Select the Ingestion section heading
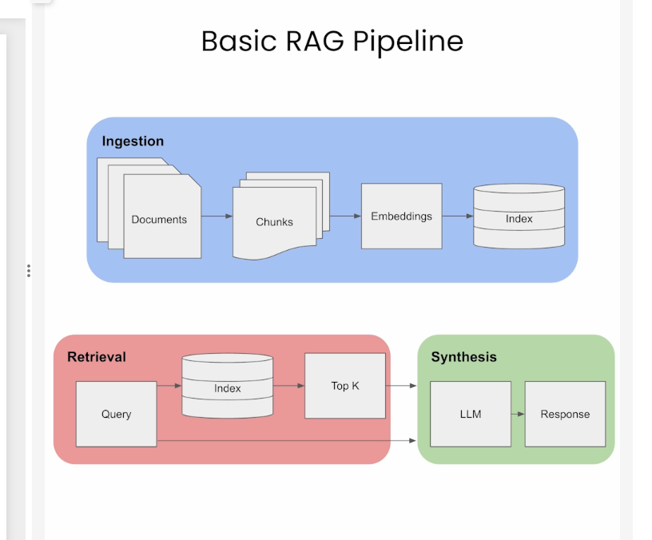(133, 141)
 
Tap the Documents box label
(159, 220)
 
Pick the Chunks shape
(274, 222)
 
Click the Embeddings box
(401, 216)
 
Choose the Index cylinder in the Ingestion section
(519, 218)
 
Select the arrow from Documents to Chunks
(217, 216)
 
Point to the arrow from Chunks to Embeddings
(345, 216)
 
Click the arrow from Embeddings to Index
(457, 216)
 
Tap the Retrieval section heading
(97, 357)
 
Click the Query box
(116, 414)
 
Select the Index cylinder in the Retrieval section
(228, 388)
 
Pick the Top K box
(345, 386)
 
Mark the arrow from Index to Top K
(288, 386)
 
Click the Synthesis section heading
(463, 357)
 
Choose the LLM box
(471, 414)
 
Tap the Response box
(565, 414)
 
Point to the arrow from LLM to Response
(517, 414)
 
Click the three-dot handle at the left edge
(29, 270)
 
